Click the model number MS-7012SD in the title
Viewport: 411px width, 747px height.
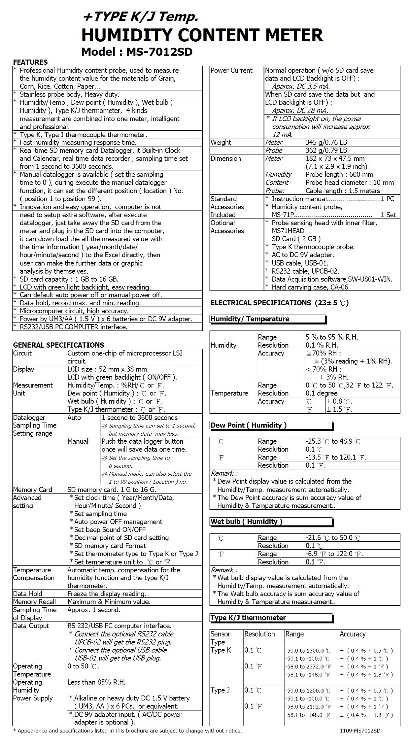[159, 52]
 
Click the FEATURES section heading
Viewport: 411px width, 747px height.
[30, 62]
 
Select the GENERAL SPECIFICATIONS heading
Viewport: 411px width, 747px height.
[58, 345]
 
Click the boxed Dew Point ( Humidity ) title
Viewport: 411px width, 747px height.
[248, 425]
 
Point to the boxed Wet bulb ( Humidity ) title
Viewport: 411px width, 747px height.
[246, 522]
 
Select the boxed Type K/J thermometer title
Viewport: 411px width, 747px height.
[248, 618]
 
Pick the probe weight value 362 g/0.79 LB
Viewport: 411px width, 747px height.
[327, 150]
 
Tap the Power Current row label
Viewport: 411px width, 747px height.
[231, 70]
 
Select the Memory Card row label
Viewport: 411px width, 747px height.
[33, 490]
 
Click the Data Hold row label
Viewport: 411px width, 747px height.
[27, 594]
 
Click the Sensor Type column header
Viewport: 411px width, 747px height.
[220, 638]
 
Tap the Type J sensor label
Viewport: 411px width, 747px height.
[220, 690]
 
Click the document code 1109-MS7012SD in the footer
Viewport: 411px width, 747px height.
[360, 731]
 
